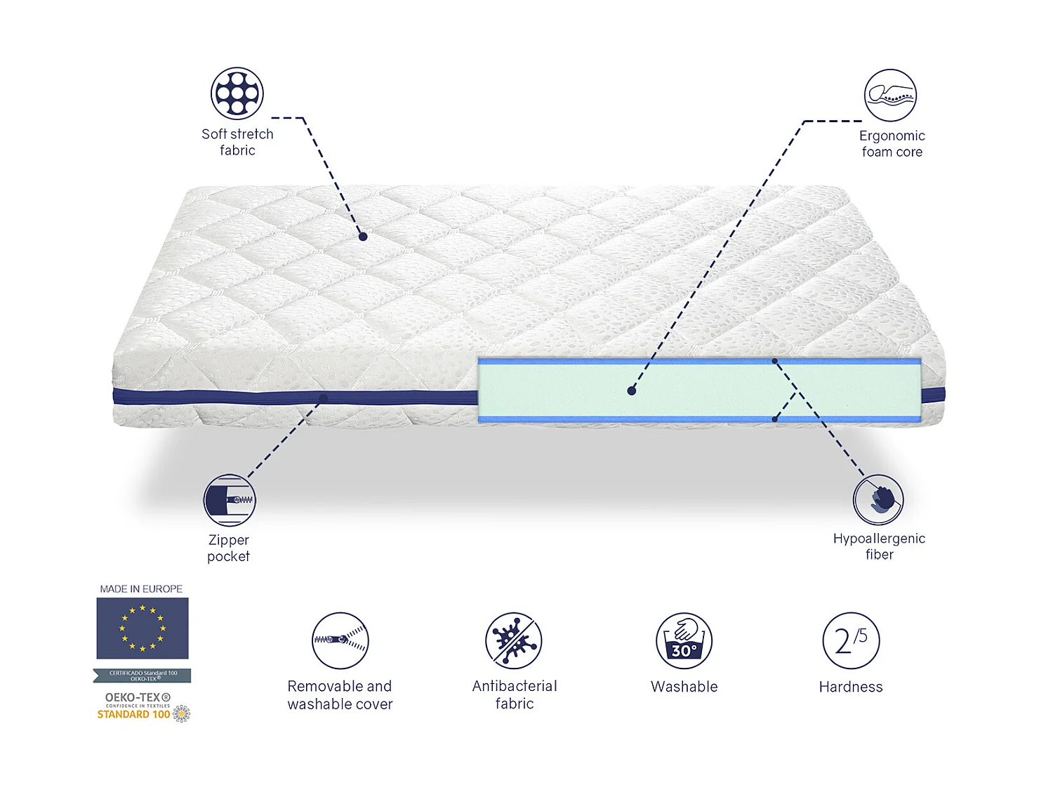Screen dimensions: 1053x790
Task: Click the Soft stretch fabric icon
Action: [237, 93]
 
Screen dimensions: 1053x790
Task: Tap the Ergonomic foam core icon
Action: [890, 96]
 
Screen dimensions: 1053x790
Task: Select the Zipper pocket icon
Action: [230, 500]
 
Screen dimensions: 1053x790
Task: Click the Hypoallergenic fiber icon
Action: [878, 499]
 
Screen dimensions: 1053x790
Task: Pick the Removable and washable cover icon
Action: [340, 640]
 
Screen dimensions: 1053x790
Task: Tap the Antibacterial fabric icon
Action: [514, 640]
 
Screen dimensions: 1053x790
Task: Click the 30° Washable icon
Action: [684, 640]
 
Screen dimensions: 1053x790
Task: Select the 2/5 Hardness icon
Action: [851, 640]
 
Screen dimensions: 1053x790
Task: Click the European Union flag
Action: [143, 628]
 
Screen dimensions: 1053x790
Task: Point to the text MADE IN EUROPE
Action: [141, 589]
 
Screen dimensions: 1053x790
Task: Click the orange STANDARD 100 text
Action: [133, 715]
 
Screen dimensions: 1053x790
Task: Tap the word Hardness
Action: [851, 687]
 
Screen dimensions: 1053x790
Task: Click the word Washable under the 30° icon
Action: [684, 687]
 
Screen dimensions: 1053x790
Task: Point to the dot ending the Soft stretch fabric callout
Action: [363, 237]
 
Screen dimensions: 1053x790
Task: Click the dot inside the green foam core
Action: [632, 391]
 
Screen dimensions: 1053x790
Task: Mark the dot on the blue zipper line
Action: [324, 398]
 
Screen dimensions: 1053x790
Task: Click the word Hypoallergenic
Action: [879, 539]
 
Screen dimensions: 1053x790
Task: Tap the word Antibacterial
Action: [515, 686]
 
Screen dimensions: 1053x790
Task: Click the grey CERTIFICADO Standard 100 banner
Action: [143, 676]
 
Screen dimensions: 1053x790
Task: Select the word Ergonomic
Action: [892, 136]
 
